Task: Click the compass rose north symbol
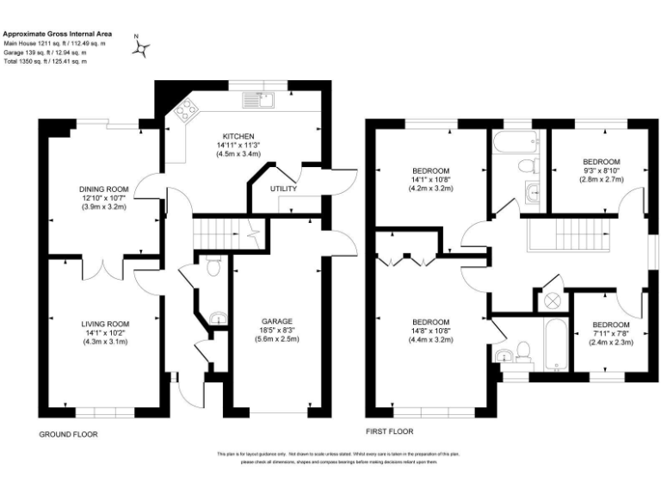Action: [140, 48]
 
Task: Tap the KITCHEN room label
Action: [238, 137]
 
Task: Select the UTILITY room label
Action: [283, 188]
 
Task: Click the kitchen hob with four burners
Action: [184, 110]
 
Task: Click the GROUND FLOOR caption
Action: [68, 435]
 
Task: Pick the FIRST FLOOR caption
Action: [390, 431]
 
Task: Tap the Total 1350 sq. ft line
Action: [45, 61]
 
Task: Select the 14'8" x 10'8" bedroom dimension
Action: [430, 330]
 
